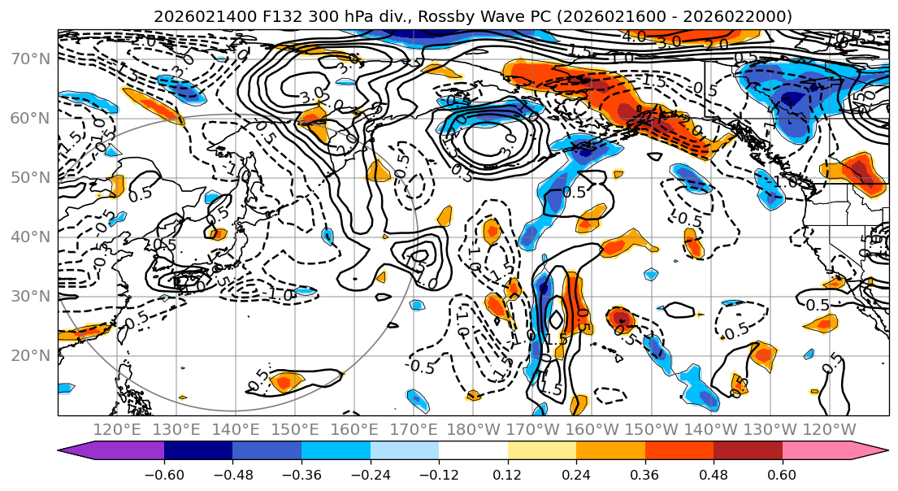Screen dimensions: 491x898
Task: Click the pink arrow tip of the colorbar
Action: [878, 452]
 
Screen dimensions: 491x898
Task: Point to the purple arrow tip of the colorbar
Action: [68, 452]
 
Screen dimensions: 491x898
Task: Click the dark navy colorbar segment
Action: [198, 452]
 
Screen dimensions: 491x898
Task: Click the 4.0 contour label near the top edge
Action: [633, 37]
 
